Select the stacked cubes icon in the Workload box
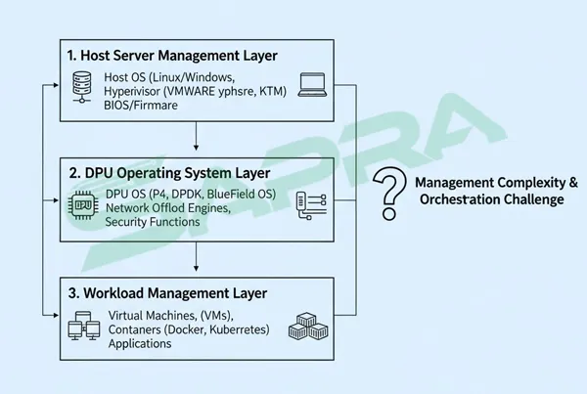pyautogui.click(x=305, y=327)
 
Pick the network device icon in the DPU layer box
pyautogui.click(x=309, y=205)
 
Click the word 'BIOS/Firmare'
pyautogui.click(x=139, y=107)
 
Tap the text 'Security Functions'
pyautogui.click(x=153, y=223)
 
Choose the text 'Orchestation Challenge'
pyautogui.click(x=490, y=199)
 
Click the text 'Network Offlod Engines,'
pyautogui.click(x=168, y=208)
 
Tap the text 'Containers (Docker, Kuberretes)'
pyautogui.click(x=185, y=328)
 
